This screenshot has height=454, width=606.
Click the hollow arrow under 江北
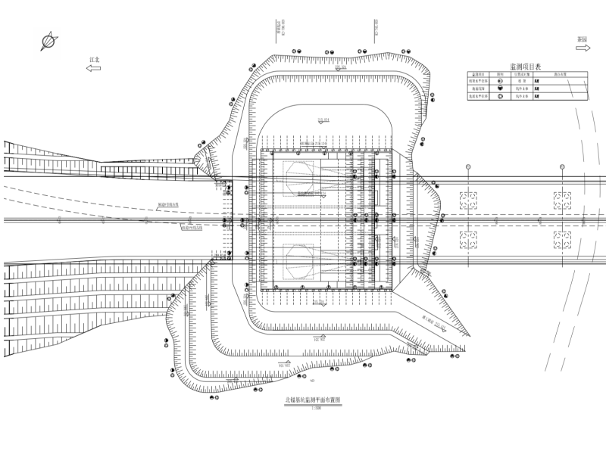click(94, 68)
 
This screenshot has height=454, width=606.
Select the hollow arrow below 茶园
click(582, 48)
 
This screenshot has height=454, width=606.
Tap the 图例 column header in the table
click(500, 75)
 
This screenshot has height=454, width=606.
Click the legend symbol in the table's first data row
click(500, 82)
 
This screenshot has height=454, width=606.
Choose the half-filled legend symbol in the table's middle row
click(500, 89)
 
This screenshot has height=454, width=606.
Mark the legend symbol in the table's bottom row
click(500, 97)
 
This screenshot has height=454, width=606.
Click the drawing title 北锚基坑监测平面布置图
click(312, 401)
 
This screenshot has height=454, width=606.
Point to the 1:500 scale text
click(312, 409)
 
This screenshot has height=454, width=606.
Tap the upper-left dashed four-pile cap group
click(469, 201)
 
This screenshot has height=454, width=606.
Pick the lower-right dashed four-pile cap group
click(562, 241)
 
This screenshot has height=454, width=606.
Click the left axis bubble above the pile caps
click(469, 166)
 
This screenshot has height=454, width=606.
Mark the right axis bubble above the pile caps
click(562, 166)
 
